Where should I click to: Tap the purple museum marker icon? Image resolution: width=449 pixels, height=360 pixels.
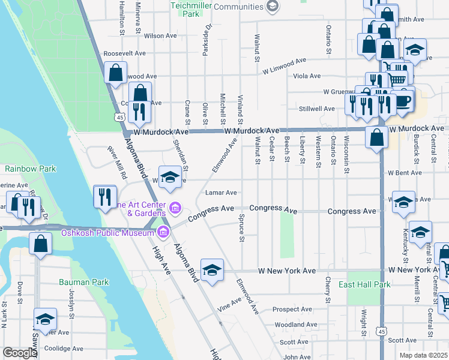(x=175, y=209)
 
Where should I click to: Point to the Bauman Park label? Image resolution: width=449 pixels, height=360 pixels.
(x=83, y=281)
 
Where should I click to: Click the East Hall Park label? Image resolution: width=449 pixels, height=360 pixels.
(x=364, y=284)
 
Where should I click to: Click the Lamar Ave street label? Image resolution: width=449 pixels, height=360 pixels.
(x=221, y=193)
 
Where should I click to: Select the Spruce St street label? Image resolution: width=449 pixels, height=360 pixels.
(x=243, y=229)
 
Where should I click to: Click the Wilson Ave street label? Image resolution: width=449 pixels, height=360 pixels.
(x=160, y=36)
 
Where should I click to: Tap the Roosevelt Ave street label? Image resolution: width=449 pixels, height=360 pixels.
(x=124, y=53)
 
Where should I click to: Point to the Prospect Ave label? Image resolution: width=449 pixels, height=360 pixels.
(x=292, y=310)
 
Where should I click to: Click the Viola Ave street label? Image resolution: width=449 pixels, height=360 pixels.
(x=306, y=76)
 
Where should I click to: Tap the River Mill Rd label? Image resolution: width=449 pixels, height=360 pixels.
(x=117, y=164)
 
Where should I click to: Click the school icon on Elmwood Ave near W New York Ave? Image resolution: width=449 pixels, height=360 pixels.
(x=212, y=271)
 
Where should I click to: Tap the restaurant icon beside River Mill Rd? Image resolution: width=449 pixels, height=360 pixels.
(x=104, y=196)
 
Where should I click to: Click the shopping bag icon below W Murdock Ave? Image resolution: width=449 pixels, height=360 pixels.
(x=376, y=137)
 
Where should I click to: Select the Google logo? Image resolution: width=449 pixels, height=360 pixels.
(x=20, y=353)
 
